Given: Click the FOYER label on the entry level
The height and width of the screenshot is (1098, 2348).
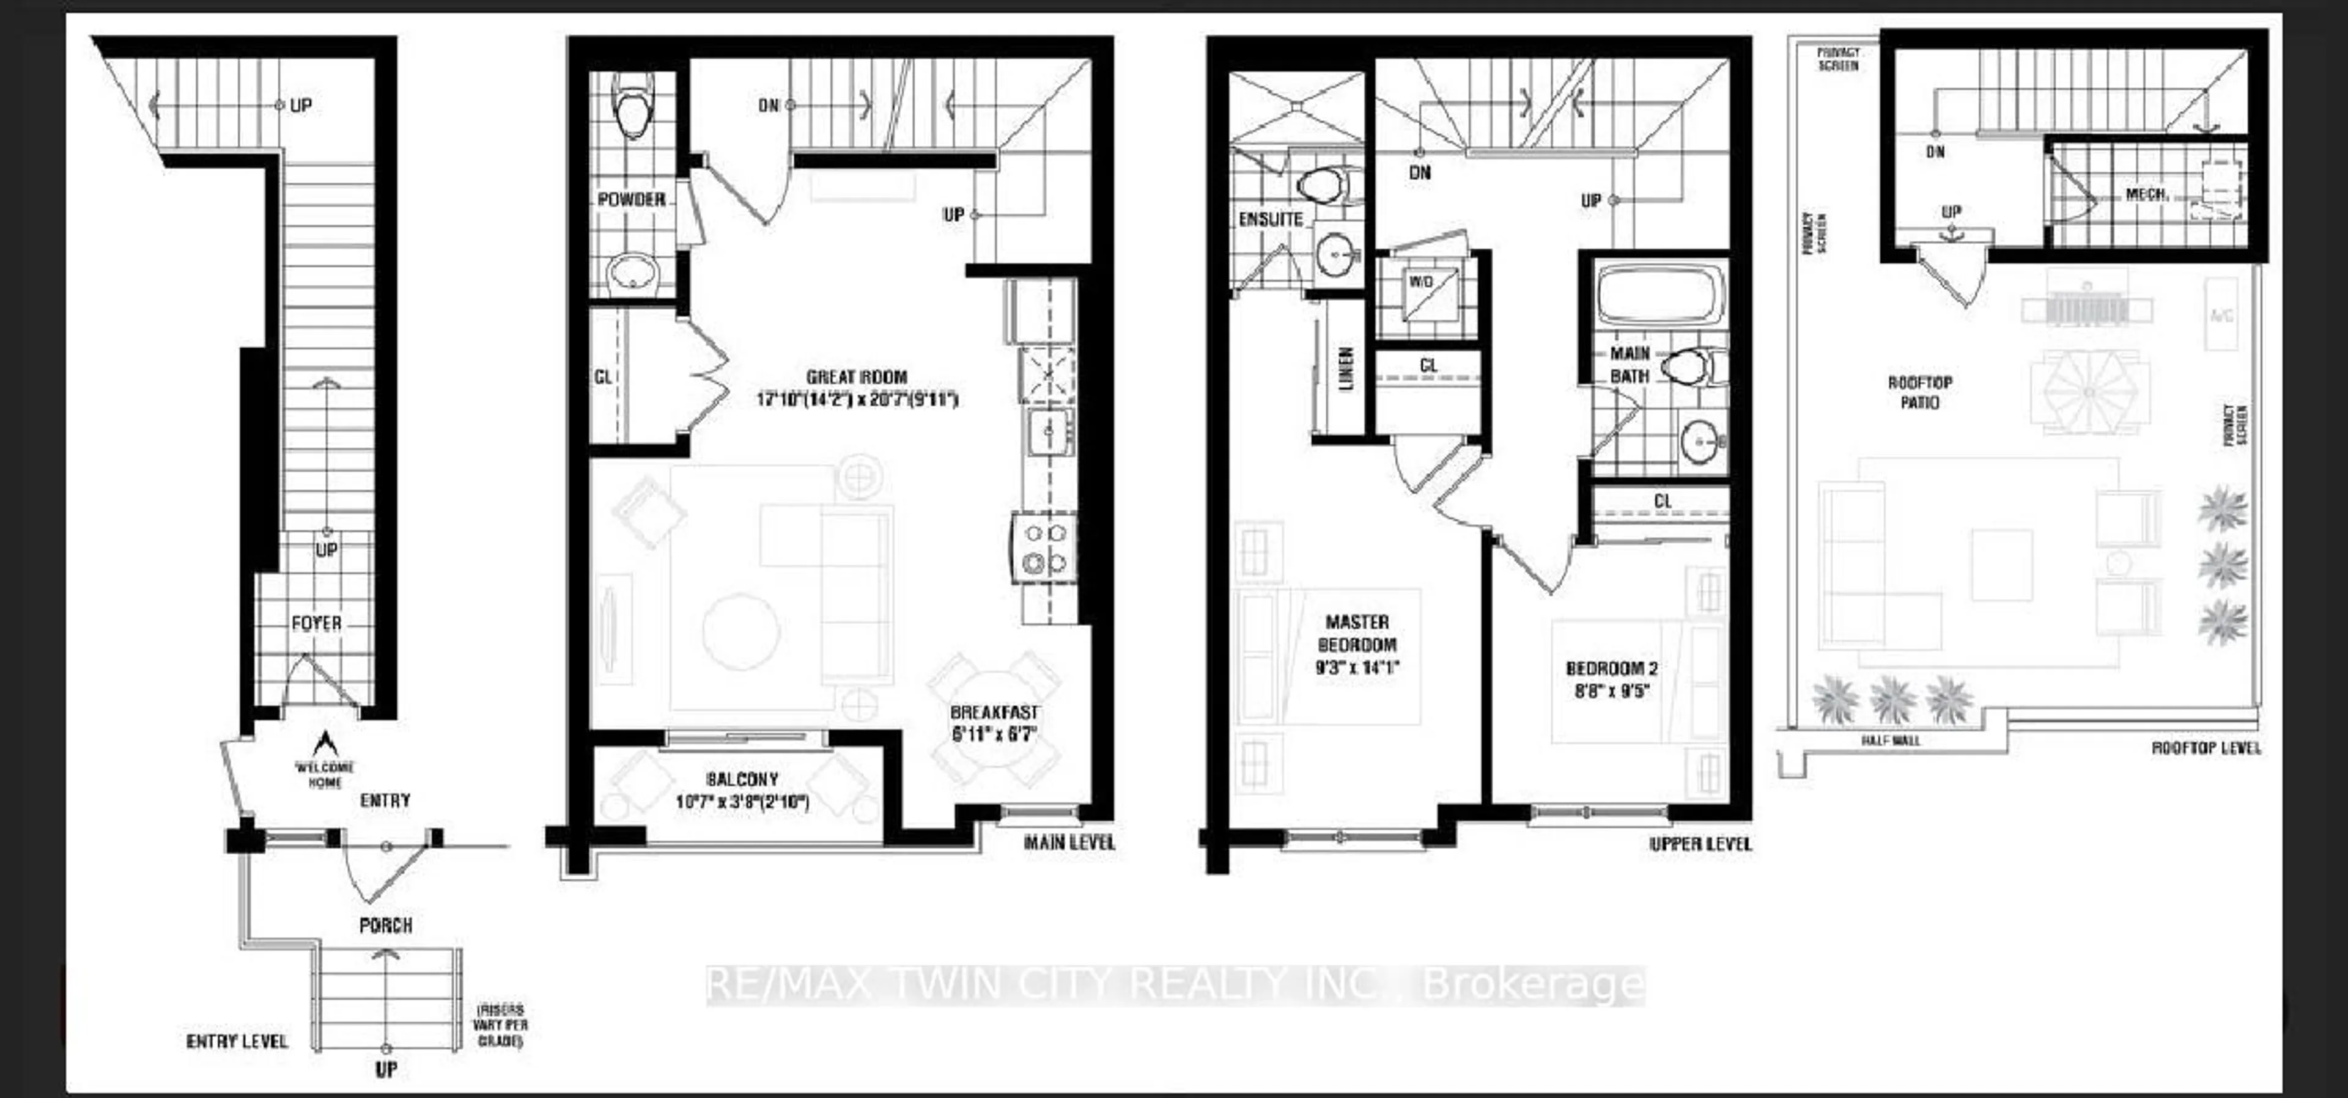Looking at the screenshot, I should (316, 623).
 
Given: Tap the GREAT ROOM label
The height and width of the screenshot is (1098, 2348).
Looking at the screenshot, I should (857, 377).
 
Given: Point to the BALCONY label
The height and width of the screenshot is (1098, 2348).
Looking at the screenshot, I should (742, 780).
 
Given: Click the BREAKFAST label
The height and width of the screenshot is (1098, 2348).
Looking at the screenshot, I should (994, 712).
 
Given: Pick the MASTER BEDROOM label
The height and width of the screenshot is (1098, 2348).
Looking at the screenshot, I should (1357, 633).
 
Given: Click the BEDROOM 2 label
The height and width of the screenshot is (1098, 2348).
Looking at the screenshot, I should (1612, 669).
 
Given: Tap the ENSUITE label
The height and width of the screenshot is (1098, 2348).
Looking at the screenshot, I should (1271, 219).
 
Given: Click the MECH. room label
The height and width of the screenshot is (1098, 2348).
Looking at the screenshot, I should (2146, 195).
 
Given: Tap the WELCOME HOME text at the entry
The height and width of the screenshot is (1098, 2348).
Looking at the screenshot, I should (325, 775).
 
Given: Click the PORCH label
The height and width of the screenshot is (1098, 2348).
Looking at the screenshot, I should (386, 926).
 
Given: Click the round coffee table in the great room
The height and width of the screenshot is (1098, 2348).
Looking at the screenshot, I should (740, 631).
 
